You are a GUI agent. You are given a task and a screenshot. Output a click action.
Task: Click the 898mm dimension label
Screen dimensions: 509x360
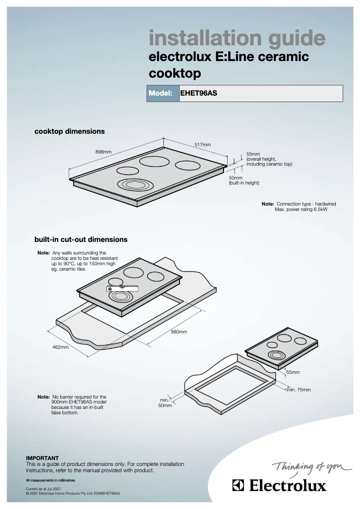[x=103, y=152]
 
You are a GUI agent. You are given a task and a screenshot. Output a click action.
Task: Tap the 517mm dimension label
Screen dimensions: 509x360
[x=202, y=145]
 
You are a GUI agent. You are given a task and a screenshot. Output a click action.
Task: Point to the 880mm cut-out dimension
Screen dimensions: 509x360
[x=179, y=332]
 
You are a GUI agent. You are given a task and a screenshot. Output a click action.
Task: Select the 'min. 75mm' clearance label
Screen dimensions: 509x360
[x=299, y=390]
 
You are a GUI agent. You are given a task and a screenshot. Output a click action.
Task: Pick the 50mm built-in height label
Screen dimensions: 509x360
[x=236, y=178]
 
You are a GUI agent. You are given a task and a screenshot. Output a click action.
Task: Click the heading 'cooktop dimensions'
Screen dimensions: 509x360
[x=70, y=132]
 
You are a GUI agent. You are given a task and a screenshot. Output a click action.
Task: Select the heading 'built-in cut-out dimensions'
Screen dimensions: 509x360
[x=81, y=240]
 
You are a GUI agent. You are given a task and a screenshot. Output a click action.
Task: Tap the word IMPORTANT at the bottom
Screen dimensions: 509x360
[x=42, y=458]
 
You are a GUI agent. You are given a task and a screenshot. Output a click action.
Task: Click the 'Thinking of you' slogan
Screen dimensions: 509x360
[x=312, y=469]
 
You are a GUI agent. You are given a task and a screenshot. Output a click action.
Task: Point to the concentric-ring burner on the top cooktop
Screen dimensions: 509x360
[x=132, y=184]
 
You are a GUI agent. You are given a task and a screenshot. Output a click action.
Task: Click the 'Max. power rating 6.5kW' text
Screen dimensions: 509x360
[x=301, y=210]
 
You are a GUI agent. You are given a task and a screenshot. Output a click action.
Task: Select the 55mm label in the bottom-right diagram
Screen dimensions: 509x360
[x=293, y=373]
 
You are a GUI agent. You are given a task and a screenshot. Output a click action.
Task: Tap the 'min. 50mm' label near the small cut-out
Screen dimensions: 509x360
[x=165, y=403]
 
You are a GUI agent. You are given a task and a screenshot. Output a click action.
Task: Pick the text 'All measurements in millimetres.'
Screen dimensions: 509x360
[x=51, y=480]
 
